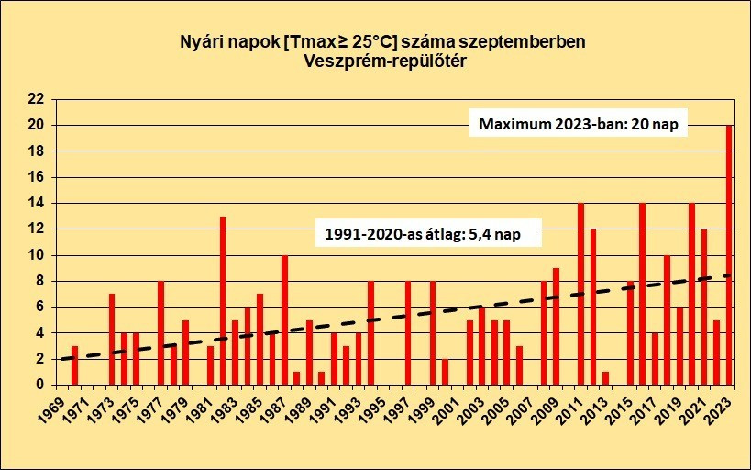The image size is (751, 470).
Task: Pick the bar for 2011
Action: point(580,294)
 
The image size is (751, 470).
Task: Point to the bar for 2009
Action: point(556,326)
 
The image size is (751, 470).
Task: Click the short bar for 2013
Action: point(605,378)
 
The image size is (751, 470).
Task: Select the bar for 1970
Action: point(74,365)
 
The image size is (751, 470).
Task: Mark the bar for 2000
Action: point(445,372)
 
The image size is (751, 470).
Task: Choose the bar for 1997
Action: point(408,332)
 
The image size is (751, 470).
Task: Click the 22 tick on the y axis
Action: point(36,98)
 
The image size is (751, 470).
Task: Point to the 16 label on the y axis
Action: point(36,177)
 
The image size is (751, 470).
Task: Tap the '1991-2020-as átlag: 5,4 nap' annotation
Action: point(429,233)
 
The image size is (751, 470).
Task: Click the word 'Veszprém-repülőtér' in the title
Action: point(377,62)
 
